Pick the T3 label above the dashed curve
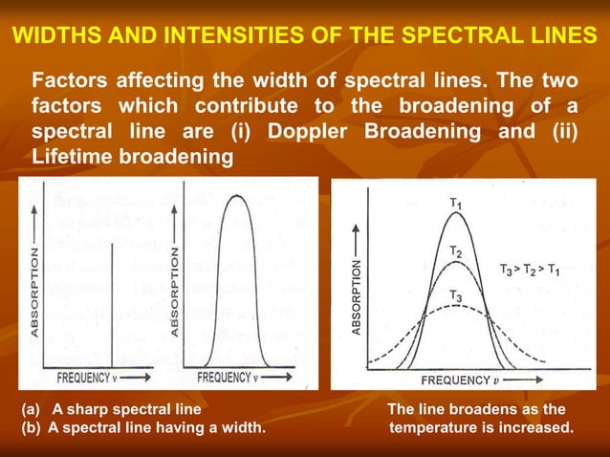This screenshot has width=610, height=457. (457, 297)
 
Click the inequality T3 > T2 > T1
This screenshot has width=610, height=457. (543, 271)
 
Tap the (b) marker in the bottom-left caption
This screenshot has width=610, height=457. (33, 427)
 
